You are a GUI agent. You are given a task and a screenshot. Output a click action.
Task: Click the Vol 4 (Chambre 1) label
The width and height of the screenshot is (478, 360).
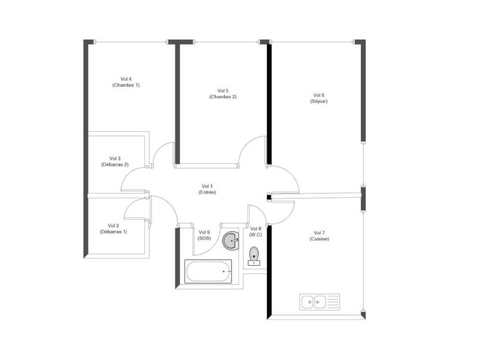point(126,82)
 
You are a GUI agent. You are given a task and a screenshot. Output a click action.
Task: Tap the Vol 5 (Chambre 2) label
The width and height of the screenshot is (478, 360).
point(223,94)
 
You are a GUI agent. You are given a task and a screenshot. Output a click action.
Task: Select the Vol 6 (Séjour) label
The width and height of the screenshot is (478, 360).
point(319,99)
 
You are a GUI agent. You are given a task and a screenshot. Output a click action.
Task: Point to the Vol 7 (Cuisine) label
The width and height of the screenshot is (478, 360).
point(319,236)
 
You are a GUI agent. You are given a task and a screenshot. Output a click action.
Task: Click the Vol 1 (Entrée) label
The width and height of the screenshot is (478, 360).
point(207,189)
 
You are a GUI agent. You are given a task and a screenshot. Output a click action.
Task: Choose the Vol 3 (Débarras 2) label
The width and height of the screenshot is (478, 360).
point(115,161)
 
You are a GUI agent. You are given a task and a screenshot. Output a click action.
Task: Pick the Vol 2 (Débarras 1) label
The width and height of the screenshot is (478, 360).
point(114,229)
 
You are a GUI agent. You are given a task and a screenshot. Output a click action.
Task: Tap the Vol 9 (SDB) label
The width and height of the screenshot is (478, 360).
point(204,235)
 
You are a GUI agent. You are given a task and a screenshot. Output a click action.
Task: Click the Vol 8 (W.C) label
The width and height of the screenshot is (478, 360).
point(256,232)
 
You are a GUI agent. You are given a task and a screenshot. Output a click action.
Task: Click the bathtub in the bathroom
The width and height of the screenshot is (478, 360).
point(208,272)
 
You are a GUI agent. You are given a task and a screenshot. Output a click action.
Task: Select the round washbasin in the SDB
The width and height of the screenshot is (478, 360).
point(231,241)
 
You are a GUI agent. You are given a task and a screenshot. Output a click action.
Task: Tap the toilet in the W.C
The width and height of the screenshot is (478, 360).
point(254,256)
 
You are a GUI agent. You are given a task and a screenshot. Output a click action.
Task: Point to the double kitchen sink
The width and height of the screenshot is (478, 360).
point(313,302)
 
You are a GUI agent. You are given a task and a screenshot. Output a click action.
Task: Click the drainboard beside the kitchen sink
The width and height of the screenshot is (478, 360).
point(333,302)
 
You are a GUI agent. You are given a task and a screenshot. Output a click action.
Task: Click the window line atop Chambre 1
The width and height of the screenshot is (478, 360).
point(131,42)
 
